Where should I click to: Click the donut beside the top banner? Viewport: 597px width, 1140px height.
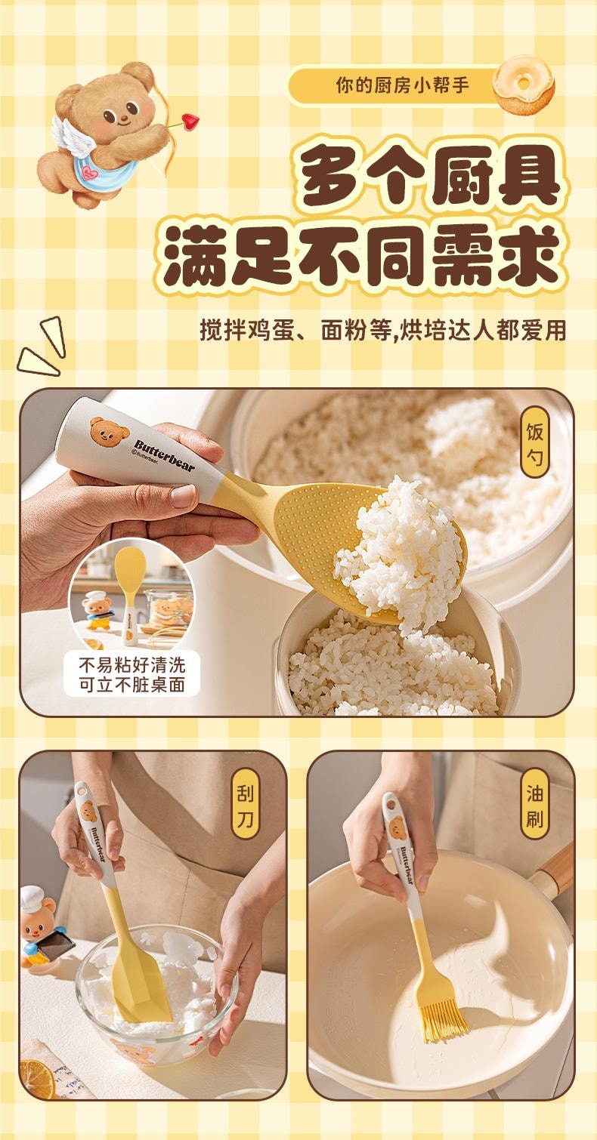(524, 84)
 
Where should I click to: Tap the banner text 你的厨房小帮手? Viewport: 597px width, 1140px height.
(403, 85)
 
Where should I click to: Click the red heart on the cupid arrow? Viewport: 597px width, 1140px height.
(190, 121)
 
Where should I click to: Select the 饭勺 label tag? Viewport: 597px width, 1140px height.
(535, 442)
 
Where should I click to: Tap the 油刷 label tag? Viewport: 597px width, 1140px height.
(535, 805)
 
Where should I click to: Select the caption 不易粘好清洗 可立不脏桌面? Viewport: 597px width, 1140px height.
(131, 675)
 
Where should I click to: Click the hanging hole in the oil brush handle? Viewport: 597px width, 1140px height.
(391, 806)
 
